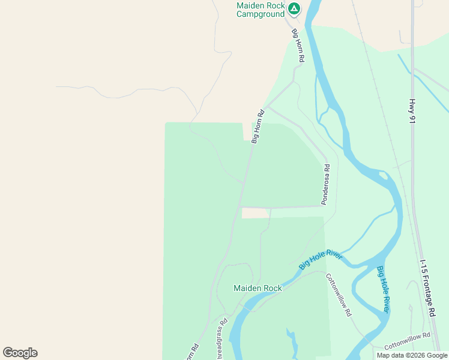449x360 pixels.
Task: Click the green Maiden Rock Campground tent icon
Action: coord(294,8)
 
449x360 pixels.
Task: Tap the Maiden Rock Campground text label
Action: coord(260,9)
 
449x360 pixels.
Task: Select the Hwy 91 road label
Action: coord(412,111)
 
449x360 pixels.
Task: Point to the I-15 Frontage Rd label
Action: coord(427,288)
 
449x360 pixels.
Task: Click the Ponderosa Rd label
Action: coord(325,185)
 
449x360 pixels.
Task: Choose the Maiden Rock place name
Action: coord(258,288)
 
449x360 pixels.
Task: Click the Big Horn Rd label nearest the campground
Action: coord(298,46)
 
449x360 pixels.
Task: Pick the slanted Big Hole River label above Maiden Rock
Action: coord(321,260)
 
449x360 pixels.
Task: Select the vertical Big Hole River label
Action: coord(383,289)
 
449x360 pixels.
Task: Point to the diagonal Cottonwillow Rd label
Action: coord(338,295)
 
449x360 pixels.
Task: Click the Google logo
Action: coord(20,353)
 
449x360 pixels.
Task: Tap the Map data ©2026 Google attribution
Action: coord(412,355)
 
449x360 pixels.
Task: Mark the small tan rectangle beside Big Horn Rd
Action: coord(255,213)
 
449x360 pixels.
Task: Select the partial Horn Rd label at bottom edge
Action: coord(193,353)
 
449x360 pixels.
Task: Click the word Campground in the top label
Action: coord(260,13)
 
